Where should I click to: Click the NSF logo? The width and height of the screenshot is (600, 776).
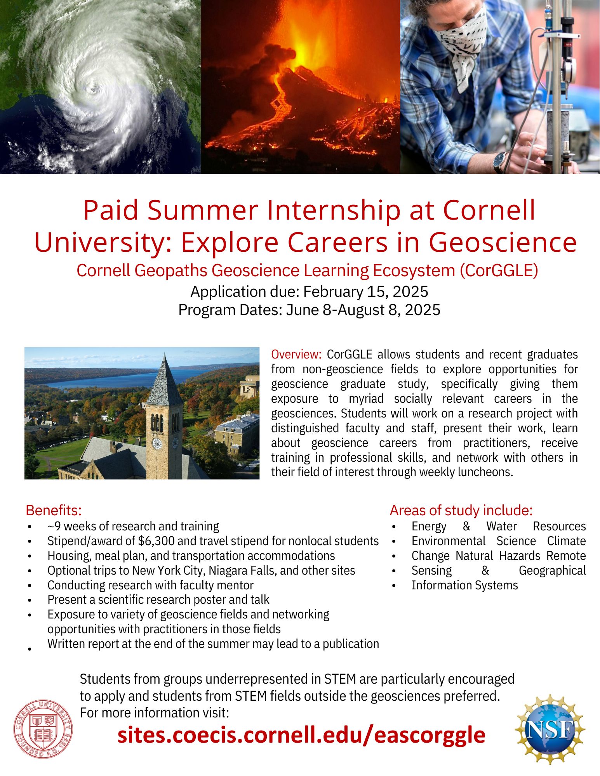(x=550, y=729)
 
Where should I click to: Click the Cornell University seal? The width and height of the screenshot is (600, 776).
(x=43, y=729)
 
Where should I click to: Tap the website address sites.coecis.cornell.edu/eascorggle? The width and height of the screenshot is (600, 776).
(x=301, y=735)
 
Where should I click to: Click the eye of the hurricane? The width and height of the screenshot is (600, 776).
(x=94, y=90)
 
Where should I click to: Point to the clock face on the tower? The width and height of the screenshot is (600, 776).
(x=157, y=443)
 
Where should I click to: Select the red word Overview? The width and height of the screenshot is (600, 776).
(x=296, y=354)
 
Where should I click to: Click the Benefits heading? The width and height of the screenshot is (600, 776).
(x=54, y=510)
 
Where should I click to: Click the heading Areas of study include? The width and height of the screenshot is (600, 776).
(x=461, y=510)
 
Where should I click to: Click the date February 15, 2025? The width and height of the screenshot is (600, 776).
(x=365, y=291)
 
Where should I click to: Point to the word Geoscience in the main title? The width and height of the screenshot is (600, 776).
(x=503, y=242)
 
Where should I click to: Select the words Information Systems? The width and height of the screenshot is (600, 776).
(x=465, y=585)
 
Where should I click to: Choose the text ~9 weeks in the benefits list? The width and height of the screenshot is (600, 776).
(x=68, y=526)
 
